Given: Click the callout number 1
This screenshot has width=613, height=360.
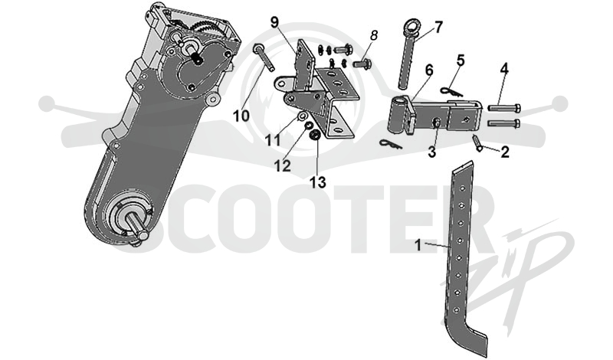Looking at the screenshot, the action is click(418, 245).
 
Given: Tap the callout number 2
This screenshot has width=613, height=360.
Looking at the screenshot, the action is click(505, 152).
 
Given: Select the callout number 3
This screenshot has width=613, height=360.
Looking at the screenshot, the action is click(431, 152).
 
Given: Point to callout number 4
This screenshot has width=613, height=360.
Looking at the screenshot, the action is click(504, 69).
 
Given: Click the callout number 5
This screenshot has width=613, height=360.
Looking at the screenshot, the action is click(461, 61).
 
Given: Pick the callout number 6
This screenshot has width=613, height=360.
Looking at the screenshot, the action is click(429, 70).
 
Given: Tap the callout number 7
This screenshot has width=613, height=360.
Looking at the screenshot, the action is click(438, 28).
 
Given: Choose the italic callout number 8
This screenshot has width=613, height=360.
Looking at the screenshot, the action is click(374, 35).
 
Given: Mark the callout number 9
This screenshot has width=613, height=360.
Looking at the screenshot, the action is click(274, 22).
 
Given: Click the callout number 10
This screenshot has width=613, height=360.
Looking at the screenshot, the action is click(241, 116).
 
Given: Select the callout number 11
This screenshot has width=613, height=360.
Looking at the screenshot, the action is click(273, 139).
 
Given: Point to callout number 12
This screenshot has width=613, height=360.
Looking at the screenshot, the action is click(282, 165).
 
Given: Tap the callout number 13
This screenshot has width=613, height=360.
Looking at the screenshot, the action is click(318, 182).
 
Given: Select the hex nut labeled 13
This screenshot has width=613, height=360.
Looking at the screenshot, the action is click(314, 136).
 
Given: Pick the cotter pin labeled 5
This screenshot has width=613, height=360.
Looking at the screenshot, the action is click(451, 92).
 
